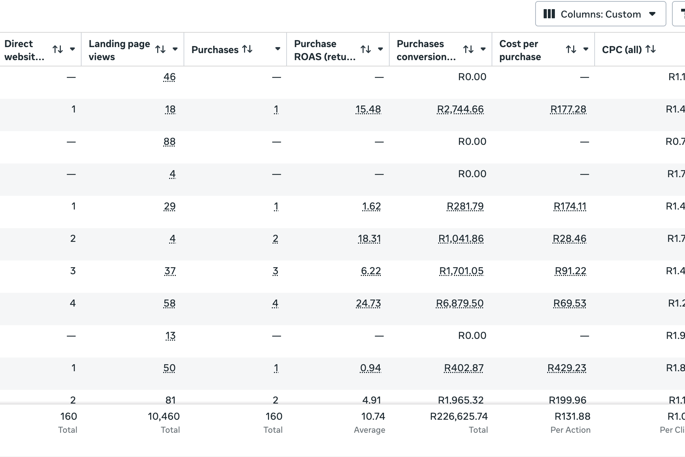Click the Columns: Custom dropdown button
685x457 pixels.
pos(600,14)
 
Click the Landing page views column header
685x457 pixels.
pos(119,50)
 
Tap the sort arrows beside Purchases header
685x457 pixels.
pos(248,49)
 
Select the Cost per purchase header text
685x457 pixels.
pos(520,50)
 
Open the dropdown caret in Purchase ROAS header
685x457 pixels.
pos(380,49)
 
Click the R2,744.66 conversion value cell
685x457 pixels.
pos(460,109)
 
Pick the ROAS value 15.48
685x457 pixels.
pos(368,109)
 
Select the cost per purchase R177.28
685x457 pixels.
pos(568,109)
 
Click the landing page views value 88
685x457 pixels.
pos(169,142)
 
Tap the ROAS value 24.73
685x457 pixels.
pos(368,303)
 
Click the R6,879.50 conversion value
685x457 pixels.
pos(460,303)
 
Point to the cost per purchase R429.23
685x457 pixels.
pos(566,368)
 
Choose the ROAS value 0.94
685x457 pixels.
pos(370,368)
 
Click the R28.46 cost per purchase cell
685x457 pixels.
pos(569,239)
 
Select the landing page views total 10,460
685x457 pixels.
pos(164,417)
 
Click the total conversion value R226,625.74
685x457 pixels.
pos(459,417)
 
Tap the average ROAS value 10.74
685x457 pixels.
pos(373,417)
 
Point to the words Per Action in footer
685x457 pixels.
pos(570,430)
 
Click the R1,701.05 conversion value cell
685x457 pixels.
pos(461,271)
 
